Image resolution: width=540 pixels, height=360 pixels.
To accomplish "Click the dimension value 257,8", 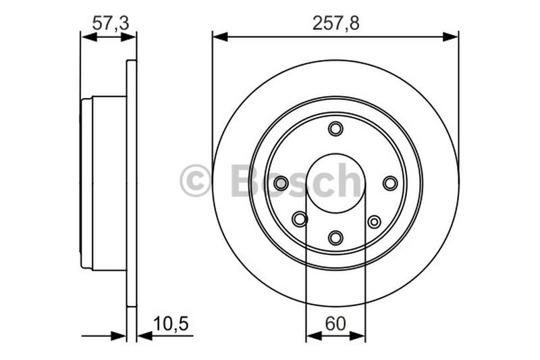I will click(335, 22).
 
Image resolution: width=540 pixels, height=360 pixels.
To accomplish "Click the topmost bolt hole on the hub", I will click(335, 128).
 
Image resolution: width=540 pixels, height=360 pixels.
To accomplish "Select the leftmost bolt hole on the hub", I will click(281, 183).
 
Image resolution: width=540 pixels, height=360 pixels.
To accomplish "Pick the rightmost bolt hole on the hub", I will click(390, 183).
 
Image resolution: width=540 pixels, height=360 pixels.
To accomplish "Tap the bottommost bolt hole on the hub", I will click(335, 237).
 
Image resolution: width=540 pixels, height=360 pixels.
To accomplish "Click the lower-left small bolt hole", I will click(300, 219).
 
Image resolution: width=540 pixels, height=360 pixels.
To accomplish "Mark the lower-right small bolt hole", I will click(374, 221).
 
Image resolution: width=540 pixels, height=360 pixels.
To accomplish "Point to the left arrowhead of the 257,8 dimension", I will click(220, 36).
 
